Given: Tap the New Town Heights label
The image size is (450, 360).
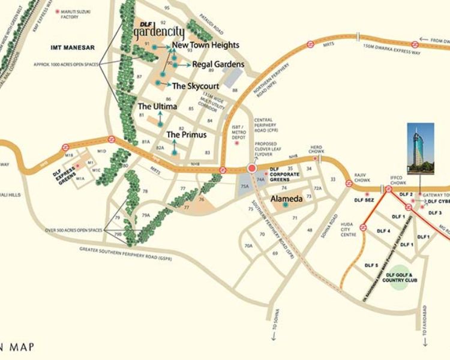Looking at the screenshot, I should click(x=205, y=45).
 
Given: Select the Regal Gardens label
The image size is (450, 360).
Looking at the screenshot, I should click(x=218, y=64).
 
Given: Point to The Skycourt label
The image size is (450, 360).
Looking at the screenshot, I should click(x=195, y=86).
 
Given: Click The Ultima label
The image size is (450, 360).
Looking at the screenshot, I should click(x=158, y=106).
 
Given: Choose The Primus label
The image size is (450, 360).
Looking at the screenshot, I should click(x=186, y=134).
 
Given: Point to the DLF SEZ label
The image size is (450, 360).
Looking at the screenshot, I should click(x=364, y=200).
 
